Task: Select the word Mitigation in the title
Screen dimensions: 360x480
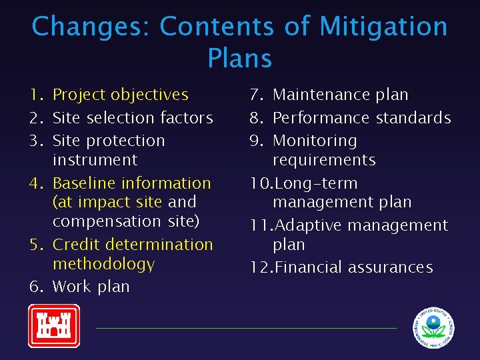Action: [383, 27]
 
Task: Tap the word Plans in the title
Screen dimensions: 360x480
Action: [239, 58]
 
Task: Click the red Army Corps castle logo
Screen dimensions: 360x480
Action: [53, 326]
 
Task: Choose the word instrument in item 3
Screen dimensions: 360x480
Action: [95, 160]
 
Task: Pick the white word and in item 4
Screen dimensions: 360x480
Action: [182, 202]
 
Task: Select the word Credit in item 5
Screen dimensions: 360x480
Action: [77, 245]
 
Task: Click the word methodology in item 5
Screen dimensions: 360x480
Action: [103, 264]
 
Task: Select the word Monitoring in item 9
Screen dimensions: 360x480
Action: [315, 141]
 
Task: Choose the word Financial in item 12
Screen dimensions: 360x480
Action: [307, 267]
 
